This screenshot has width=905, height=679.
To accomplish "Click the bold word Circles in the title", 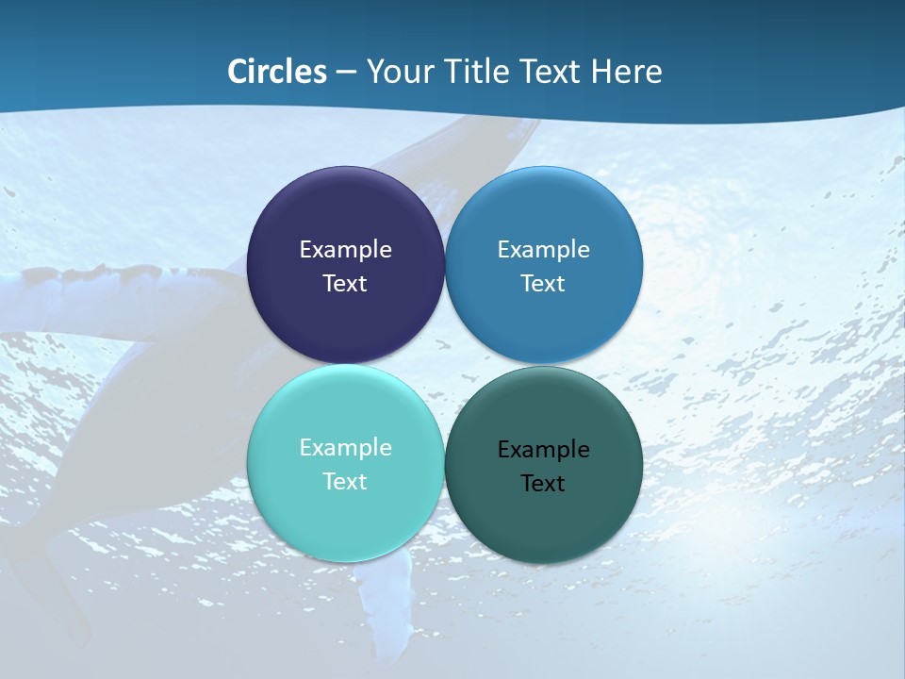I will (276, 72).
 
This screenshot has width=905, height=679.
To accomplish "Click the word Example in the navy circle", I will (345, 250).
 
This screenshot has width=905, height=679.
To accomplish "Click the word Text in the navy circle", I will (345, 284).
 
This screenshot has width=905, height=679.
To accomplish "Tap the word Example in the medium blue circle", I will (543, 250).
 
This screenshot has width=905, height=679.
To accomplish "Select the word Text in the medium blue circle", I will (543, 284).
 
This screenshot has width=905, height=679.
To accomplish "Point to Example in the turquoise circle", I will (345, 448).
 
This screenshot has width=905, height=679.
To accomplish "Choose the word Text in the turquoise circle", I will (345, 482).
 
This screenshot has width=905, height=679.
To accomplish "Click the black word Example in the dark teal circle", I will (543, 450).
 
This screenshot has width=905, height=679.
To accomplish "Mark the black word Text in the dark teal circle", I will (543, 484).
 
